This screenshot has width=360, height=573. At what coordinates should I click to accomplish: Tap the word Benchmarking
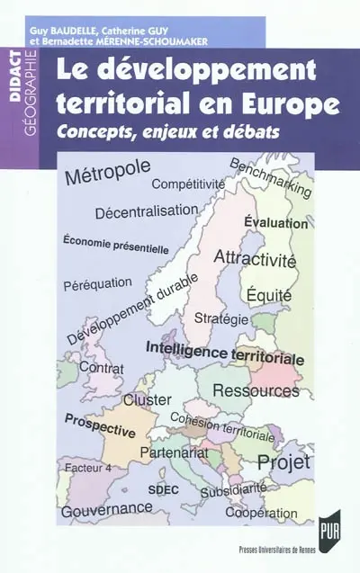pyautogui.click(x=270, y=178)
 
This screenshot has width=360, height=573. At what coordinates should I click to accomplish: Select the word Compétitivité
pyautogui.click(x=188, y=185)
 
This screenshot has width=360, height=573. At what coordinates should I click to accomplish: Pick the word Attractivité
pyautogui.click(x=255, y=257)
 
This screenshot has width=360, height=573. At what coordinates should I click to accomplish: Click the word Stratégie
pyautogui.click(x=221, y=318)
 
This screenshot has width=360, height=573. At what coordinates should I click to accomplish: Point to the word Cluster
pyautogui.click(x=148, y=398)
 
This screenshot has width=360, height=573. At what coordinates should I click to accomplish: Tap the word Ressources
pyautogui.click(x=255, y=390)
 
